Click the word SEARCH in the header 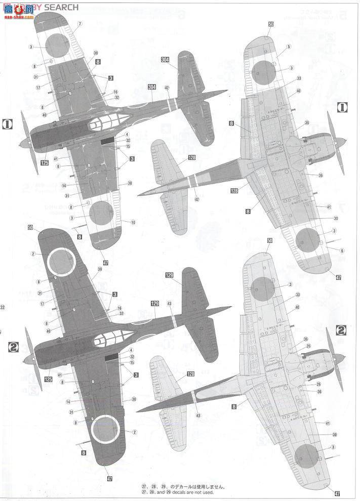pyautogui.click(x=61, y=7)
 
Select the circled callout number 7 pyautogui.click(x=79, y=24)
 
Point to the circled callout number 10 pyautogui.click(x=133, y=222)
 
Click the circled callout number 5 pyautogui.click(x=288, y=47)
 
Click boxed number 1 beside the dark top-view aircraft pyautogui.click(x=8, y=124)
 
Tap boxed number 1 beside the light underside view pyautogui.click(x=342, y=107)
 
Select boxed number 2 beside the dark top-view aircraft pyautogui.click(x=14, y=347)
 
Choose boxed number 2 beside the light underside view pyautogui.click(x=342, y=331)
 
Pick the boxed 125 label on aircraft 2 pyautogui.click(x=49, y=379)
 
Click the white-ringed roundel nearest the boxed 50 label pyautogui.click(x=61, y=261)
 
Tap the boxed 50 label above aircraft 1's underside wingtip pyautogui.click(x=270, y=24)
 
